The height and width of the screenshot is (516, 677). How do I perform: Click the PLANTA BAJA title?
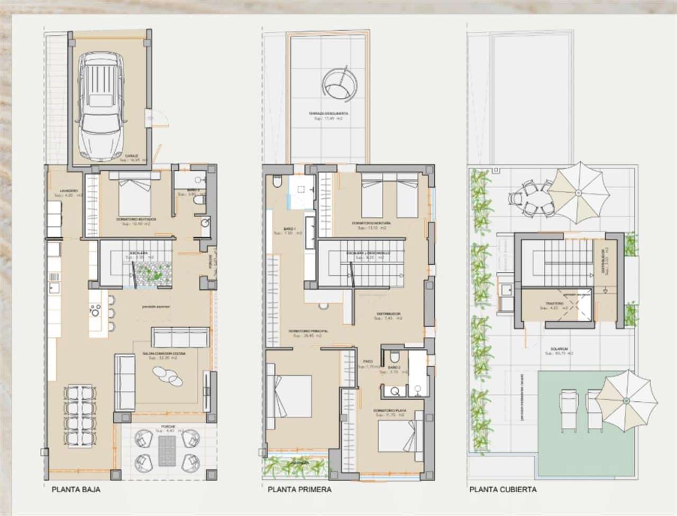coord(76,490)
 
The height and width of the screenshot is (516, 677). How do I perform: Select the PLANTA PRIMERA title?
coord(299,490)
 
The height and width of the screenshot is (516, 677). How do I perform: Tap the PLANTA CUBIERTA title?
coord(502,490)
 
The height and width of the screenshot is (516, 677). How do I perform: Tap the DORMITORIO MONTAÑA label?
coord(371,224)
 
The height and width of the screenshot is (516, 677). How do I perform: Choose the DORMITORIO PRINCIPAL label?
coord(308,331)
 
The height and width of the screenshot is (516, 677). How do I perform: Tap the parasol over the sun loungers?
coord(630,399)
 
